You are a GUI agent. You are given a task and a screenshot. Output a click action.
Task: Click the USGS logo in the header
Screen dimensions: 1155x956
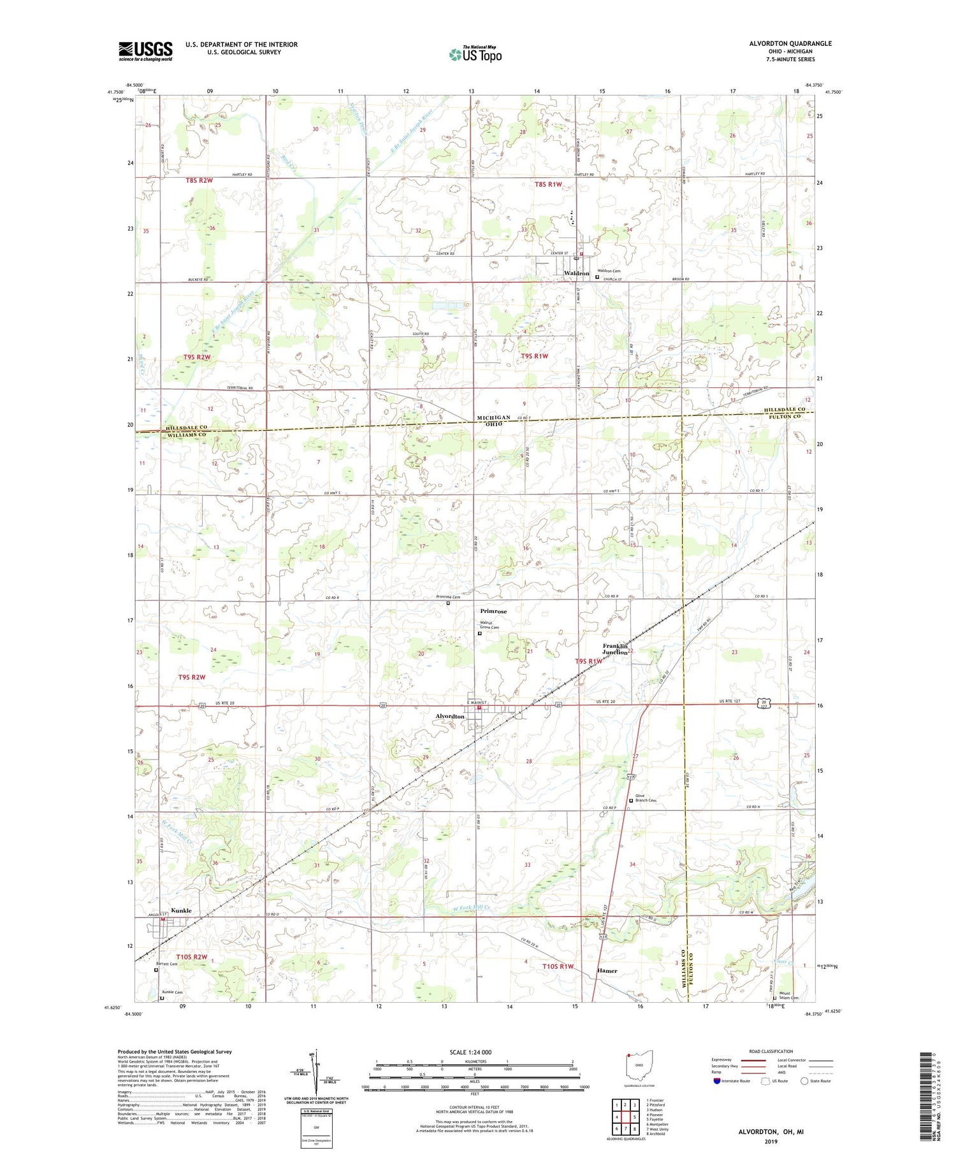click(x=145, y=51)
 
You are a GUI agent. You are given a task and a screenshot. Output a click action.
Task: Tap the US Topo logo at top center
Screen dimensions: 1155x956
click(x=475, y=55)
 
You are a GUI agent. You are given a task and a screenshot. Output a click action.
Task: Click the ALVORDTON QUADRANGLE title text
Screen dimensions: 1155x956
click(x=790, y=43)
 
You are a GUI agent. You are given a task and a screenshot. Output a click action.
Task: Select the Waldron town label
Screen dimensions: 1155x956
click(x=577, y=273)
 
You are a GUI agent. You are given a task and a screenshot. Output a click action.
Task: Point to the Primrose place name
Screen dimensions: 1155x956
click(x=493, y=611)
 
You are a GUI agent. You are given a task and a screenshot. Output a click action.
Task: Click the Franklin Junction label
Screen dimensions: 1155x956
click(x=616, y=649)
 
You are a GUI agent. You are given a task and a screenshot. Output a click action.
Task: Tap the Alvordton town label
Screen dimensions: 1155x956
click(x=450, y=717)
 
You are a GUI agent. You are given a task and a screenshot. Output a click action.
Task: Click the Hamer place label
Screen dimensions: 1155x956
click(x=607, y=971)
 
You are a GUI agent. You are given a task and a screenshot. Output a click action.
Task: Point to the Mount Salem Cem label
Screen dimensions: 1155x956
click(x=789, y=995)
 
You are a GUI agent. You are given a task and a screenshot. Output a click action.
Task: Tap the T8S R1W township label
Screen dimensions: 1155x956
click(x=547, y=185)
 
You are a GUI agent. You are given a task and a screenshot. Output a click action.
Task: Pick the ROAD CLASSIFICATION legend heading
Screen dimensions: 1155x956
click(x=771, y=1051)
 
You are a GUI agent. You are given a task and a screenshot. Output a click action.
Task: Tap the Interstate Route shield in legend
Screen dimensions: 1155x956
click(x=716, y=1080)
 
